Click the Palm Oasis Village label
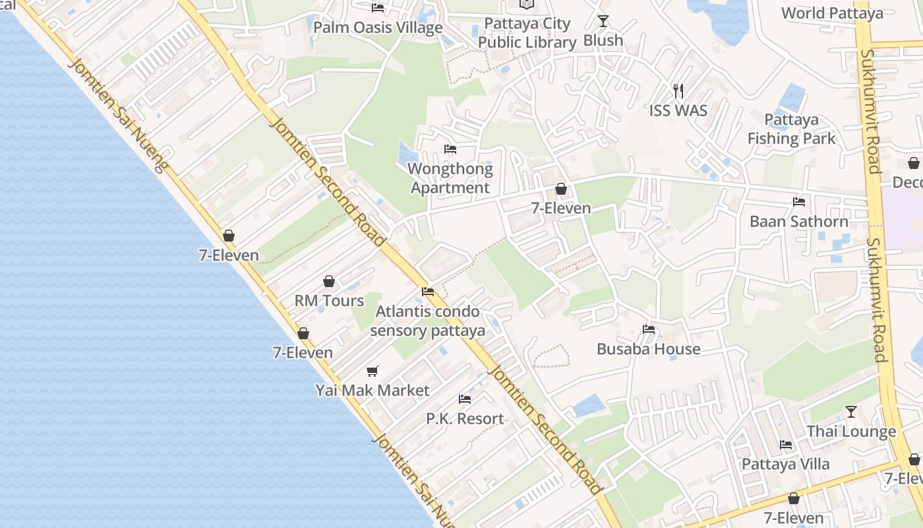pos(378,28)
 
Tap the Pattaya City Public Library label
pos(527,33)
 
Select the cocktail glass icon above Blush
pos(603,21)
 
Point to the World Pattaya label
pos(832,13)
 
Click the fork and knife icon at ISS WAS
pos(678,90)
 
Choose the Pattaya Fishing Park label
pos(791,129)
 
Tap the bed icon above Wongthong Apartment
pos(450,149)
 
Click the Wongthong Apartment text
pos(450,178)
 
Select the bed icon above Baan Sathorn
pos(799,202)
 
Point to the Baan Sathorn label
pos(798,221)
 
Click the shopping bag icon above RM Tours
pos(329,282)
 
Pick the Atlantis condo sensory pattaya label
pos(427,321)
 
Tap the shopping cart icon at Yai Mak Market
pos(372,372)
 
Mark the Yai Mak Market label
pos(372,390)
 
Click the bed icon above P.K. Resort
pos(465,399)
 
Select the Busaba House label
pos(648,348)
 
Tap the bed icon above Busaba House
pos(649,329)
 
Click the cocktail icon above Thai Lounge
pos(851,412)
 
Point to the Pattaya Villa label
pos(785,464)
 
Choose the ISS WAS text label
pos(678,110)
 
